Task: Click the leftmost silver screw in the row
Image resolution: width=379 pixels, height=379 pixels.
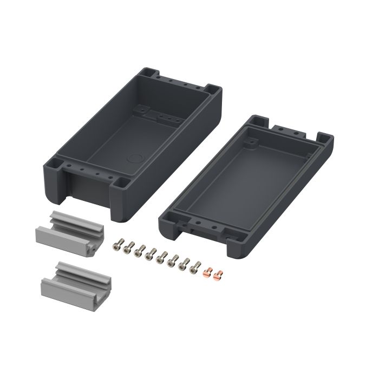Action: tap(116, 246)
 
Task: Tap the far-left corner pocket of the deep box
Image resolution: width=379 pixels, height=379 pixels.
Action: tap(147, 72)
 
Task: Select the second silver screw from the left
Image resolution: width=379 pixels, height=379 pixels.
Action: tap(128, 249)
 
